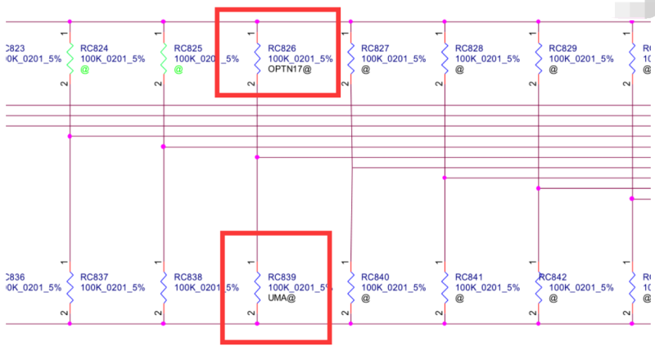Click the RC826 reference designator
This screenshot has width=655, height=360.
coord(283,48)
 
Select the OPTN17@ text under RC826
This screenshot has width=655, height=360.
coord(291,70)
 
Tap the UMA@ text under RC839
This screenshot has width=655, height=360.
coord(282,299)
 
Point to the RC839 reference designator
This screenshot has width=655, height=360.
coord(283,277)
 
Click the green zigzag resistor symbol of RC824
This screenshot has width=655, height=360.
coord(70,58)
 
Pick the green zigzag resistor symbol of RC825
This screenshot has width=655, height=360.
coord(164,58)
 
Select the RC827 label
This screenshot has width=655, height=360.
coord(377,48)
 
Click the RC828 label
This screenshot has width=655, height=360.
coord(470,48)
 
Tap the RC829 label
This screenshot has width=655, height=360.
coord(563,48)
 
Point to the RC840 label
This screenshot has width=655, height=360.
coord(377,277)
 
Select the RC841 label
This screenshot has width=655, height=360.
coord(470,277)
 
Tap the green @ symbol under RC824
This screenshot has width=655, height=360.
coord(84,70)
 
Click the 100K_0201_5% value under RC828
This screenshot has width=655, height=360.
coord(487,59)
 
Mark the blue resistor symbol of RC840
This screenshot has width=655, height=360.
coord(351,286)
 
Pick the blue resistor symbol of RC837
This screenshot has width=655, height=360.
coord(70,286)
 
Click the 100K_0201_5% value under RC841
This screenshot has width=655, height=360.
coord(487,288)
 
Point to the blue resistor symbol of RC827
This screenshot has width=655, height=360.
coord(351,58)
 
